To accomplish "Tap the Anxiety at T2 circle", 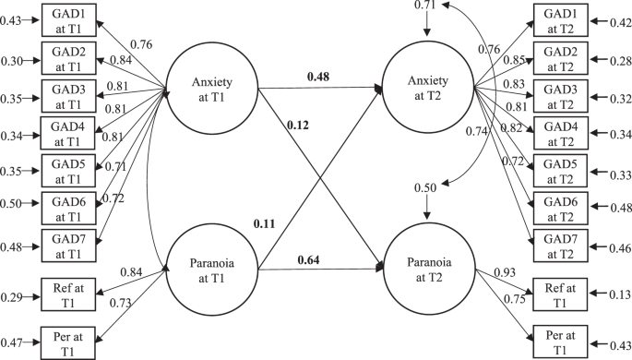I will pyautogui.click(x=426, y=89).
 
